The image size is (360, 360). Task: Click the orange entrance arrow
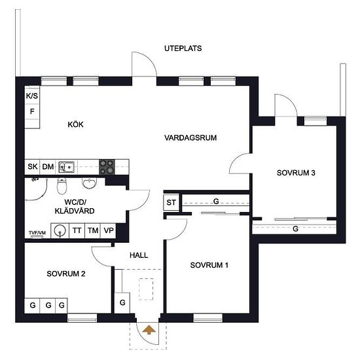coord(149,330)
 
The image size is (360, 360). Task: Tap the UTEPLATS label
coord(183,48)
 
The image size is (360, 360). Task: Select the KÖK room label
coord(75,124)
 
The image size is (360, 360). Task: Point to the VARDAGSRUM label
coord(190,137)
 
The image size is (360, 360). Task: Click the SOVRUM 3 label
coord(296,173)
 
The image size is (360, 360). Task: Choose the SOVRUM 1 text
coord(209,265)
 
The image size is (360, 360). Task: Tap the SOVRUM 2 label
coord(66,274)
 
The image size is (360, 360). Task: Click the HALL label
coord(139,255)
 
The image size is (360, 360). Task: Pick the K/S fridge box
coord(32,96)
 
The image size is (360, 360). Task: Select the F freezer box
coord(32,112)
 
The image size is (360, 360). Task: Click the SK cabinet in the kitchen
coord(32,167)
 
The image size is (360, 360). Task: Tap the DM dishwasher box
coord(48,167)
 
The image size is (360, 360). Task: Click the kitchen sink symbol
coord(66,167)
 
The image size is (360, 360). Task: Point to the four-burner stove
coord(107,167)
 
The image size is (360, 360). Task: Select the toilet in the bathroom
coord(62,185)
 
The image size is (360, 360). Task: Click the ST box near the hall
coord(171,202)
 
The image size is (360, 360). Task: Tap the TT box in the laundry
coord(77,230)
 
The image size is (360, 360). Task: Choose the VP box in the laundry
coord(109,230)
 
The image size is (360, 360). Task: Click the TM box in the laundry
coord(93,230)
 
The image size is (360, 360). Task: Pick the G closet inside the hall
coord(122,303)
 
